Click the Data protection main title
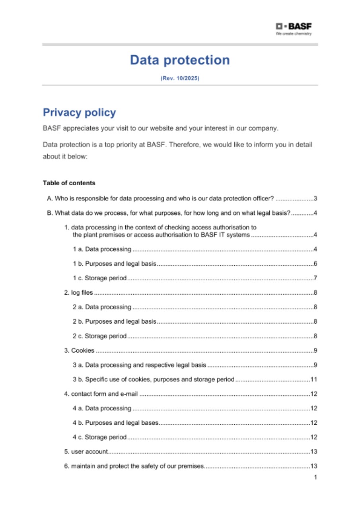coord(180,60)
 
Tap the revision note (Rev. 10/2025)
coord(180,78)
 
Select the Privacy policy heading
coord(79,113)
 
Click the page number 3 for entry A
coord(315,199)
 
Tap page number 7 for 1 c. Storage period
coord(315,278)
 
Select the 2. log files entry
coord(78,293)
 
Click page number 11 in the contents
coord(313,379)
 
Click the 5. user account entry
coord(86,452)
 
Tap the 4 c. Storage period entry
coord(99,437)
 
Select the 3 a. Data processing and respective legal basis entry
coord(139,365)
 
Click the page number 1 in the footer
coord(315,477)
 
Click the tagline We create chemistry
coord(294,34)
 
